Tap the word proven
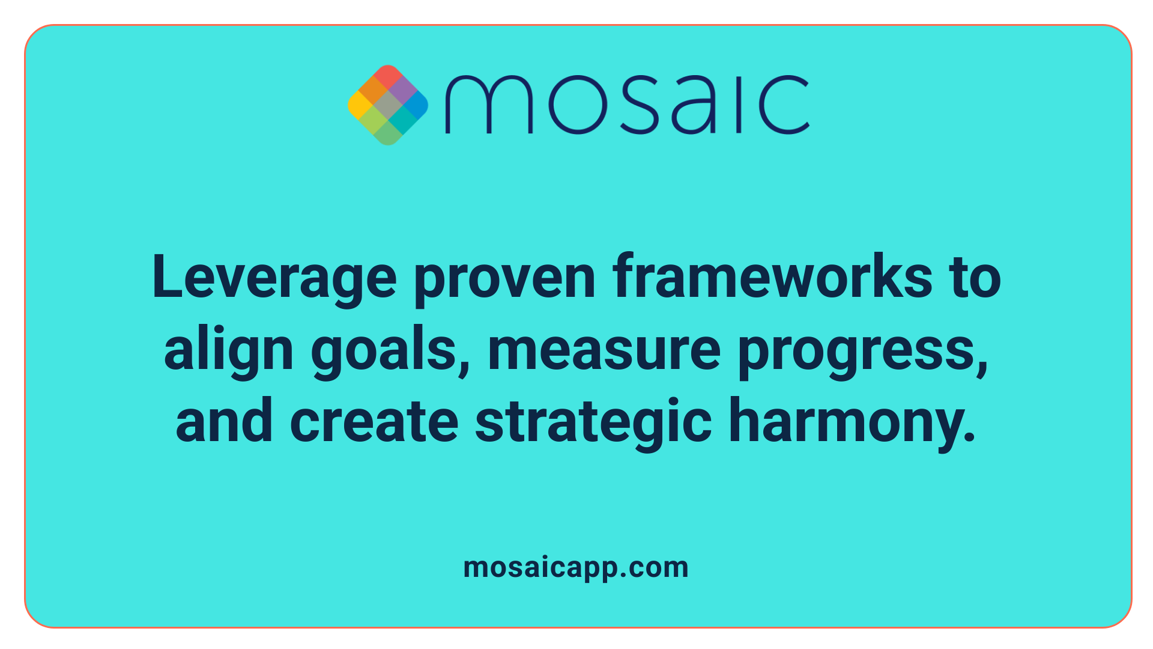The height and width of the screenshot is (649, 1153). pos(504,278)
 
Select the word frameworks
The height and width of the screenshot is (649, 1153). pos(772,278)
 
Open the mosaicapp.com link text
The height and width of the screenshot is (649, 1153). pos(576,567)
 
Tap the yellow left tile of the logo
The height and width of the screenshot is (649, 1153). pos(359,105)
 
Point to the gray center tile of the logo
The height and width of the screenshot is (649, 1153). pos(388,105)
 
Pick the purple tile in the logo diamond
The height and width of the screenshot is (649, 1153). pos(402,90)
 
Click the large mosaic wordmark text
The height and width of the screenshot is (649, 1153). pos(627,105)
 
